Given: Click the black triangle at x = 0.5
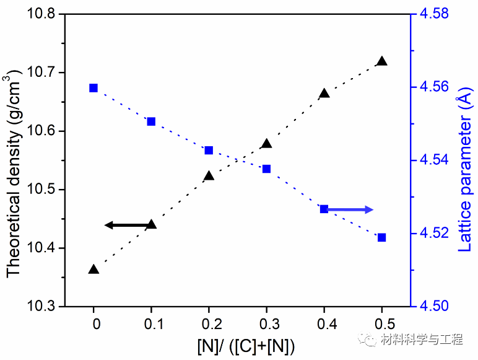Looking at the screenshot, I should (x=382, y=61).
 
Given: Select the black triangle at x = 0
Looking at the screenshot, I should (x=93, y=270).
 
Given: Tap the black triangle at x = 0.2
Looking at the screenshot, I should (x=209, y=176).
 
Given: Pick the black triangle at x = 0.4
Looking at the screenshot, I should (x=324, y=94).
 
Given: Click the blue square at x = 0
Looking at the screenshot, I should (x=93, y=88).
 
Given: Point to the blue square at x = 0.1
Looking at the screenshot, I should (x=151, y=121).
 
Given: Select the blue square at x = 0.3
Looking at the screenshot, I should (x=266, y=169).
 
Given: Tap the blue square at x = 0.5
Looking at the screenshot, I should (x=382, y=237).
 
